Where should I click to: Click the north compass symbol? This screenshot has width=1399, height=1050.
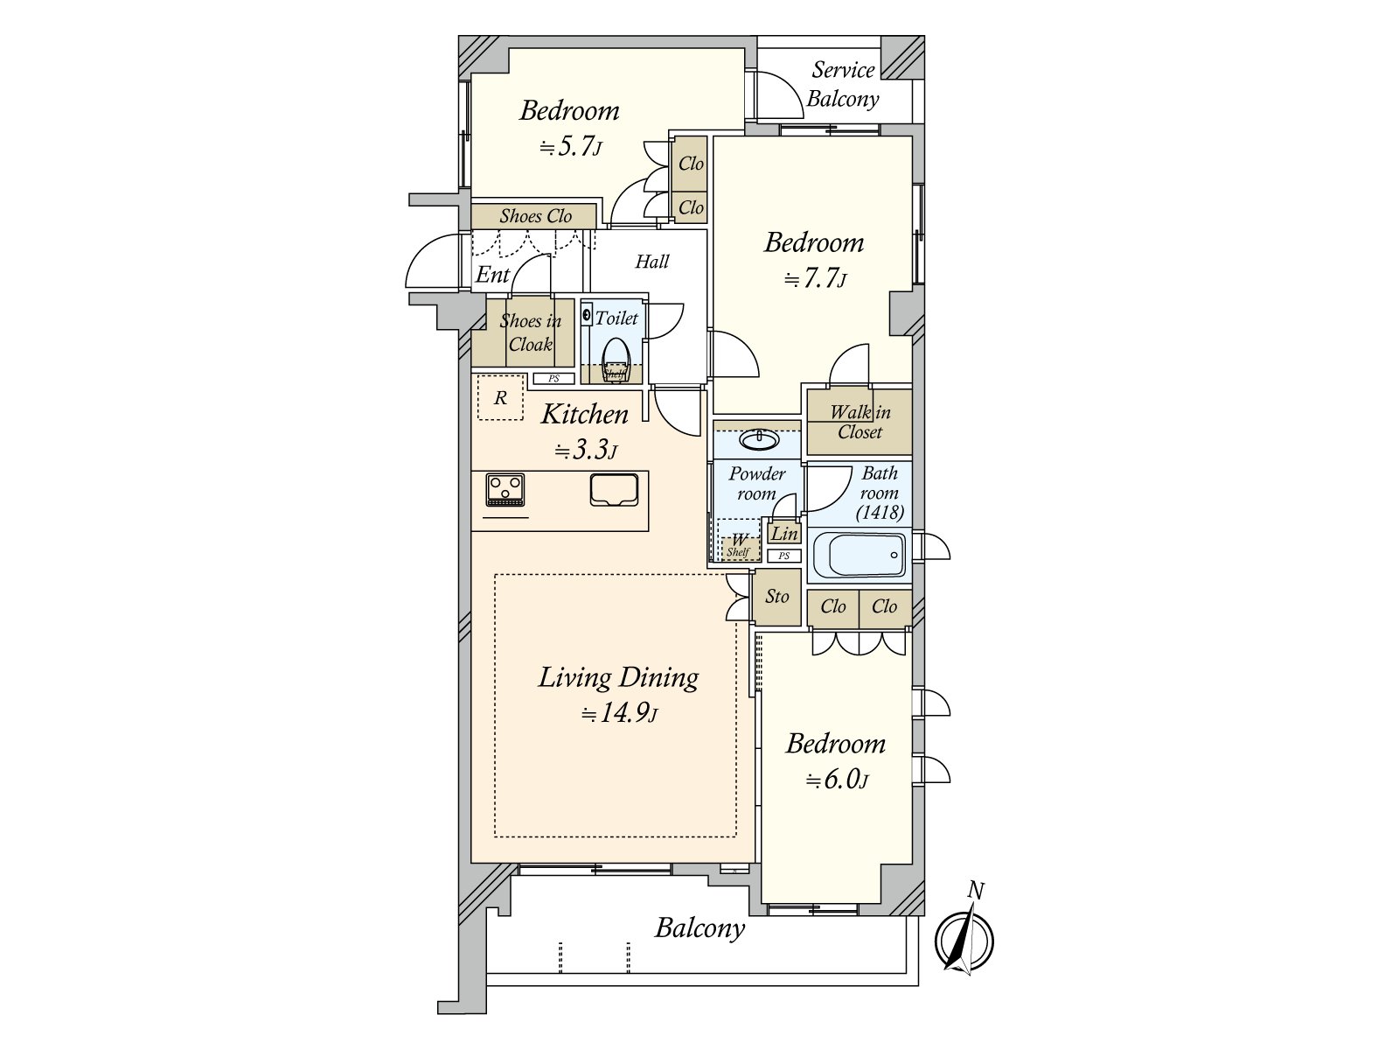(964, 939)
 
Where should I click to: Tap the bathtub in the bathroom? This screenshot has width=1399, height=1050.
(860, 555)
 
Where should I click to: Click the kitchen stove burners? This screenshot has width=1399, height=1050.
(505, 490)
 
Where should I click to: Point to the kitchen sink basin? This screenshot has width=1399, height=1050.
(614, 490)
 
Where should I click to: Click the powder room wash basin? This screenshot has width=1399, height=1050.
(759, 439)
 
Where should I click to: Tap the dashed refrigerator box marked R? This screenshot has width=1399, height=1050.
(500, 397)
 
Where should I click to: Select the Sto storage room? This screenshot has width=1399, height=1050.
(776, 597)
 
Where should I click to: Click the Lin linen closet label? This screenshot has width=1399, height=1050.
(784, 533)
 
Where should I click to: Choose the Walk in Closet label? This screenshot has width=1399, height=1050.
(860, 422)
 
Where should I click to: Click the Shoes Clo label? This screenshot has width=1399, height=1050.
(535, 216)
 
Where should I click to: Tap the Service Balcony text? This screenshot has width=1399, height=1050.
(843, 85)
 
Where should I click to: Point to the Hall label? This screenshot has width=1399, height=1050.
(652, 262)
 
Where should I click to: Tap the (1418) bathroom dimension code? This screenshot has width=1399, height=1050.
(880, 513)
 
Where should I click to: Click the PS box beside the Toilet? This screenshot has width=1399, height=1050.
(553, 379)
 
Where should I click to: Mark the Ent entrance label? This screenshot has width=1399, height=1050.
(492, 275)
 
